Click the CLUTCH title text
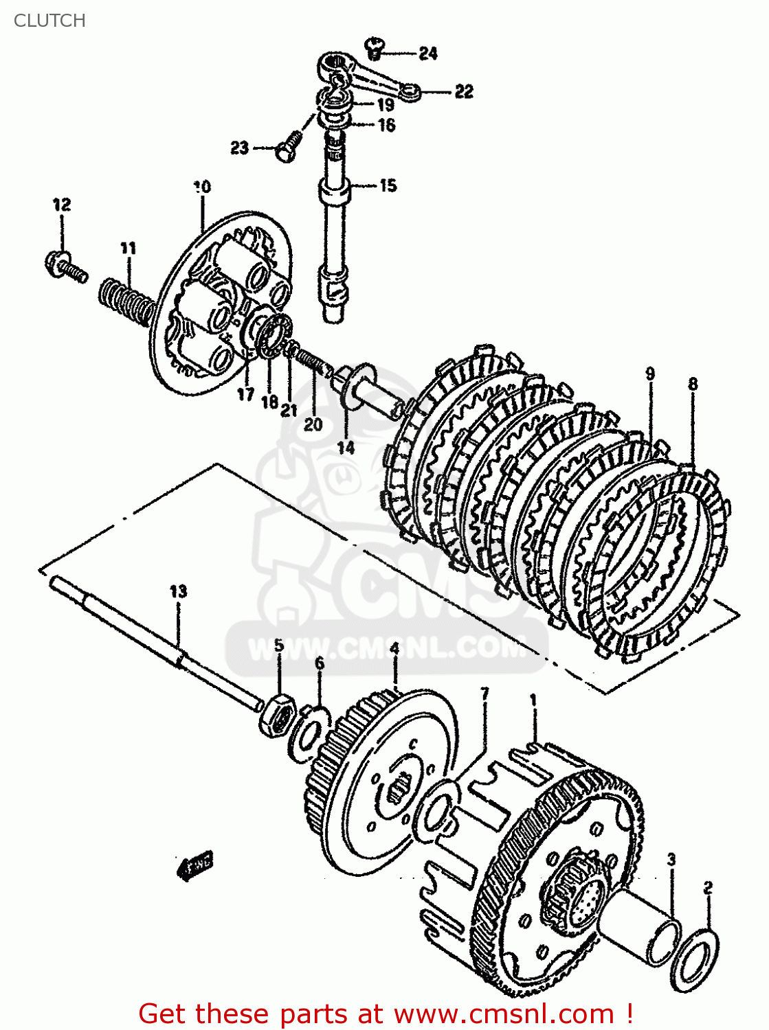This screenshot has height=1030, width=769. (x=49, y=21)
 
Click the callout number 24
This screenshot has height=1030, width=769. (x=427, y=53)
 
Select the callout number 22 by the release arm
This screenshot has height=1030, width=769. (x=464, y=91)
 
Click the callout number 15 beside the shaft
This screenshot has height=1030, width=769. (x=388, y=185)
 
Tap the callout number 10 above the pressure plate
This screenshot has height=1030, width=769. (x=202, y=187)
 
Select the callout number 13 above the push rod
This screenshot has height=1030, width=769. (x=178, y=591)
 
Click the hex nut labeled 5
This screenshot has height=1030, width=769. (x=278, y=716)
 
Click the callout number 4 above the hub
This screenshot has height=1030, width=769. (x=394, y=648)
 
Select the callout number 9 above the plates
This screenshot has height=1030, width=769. (x=649, y=374)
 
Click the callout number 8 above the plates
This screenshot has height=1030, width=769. (x=693, y=384)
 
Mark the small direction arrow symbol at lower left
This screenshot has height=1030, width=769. (x=197, y=865)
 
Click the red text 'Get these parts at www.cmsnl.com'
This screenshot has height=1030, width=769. (x=385, y=1014)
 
